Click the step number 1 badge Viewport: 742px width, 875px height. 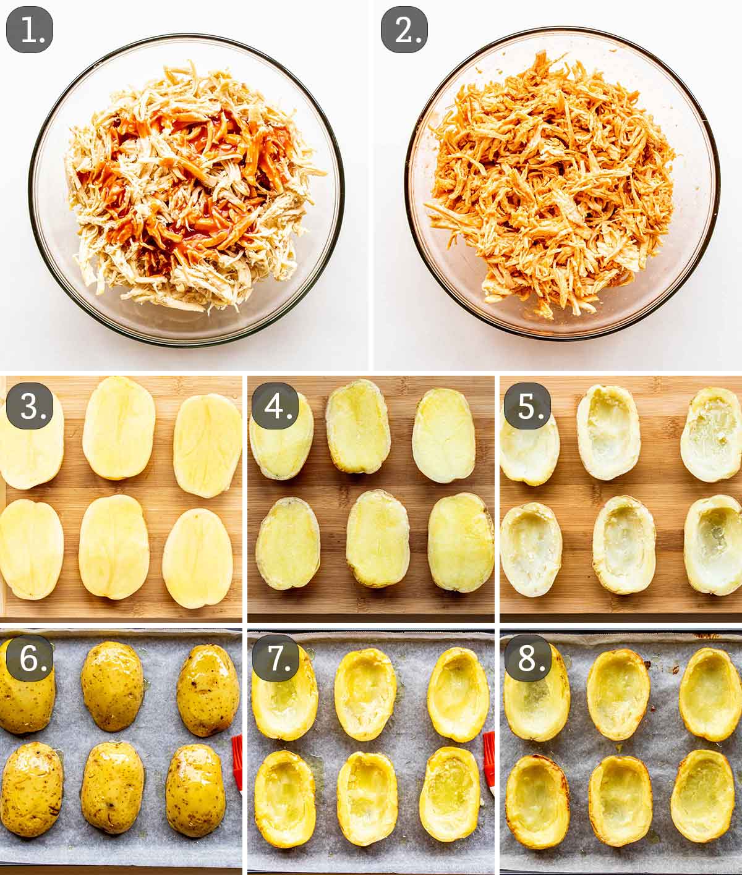click(30, 30)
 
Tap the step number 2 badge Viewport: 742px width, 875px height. click(404, 30)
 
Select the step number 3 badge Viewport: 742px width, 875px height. click(30, 406)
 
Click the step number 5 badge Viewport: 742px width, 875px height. click(527, 406)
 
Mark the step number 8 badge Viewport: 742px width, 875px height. click(527, 659)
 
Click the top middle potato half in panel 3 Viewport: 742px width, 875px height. click(119, 428)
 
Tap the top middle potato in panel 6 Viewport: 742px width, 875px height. click(112, 686)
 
